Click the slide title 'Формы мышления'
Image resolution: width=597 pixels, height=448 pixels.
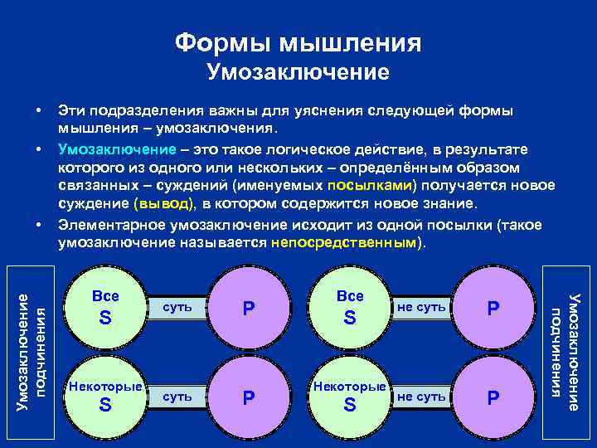click(298, 41)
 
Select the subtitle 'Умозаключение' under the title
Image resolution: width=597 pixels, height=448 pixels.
click(298, 72)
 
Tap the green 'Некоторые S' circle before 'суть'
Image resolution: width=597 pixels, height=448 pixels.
click(105, 396)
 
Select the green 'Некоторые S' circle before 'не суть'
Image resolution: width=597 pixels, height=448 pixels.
click(350, 396)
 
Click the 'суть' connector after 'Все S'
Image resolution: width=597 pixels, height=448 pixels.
click(178, 307)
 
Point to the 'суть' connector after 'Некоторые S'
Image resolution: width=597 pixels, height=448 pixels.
click(178, 397)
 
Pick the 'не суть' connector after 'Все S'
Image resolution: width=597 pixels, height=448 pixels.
click(423, 307)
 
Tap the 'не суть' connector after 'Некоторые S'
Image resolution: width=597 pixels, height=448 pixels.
click(423, 397)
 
